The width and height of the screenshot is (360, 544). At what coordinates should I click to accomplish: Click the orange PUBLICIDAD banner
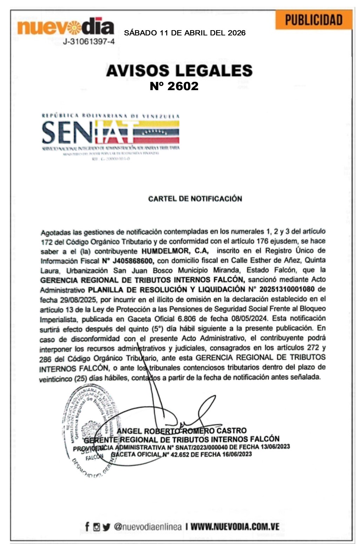click(x=313, y=20)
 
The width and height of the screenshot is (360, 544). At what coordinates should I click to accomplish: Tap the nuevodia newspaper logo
click(x=66, y=27)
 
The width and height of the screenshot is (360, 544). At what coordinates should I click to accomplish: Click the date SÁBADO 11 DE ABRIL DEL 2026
click(x=185, y=33)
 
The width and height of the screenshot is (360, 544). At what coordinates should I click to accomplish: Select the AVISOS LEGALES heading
click(x=179, y=70)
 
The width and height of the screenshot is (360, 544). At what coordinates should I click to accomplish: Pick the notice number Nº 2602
click(x=174, y=86)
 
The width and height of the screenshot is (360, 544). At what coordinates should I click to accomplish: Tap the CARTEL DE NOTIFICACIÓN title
click(x=195, y=199)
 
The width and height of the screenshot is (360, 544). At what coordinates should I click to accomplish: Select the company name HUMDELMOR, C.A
click(x=175, y=251)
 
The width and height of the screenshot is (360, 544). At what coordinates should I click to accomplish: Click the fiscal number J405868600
click(x=132, y=261)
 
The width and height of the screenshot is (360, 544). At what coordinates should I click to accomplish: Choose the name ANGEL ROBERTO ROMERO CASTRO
click(x=181, y=431)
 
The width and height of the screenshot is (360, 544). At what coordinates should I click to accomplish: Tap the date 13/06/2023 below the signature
click(x=275, y=446)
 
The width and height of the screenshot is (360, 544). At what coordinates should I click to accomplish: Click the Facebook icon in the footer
click(x=87, y=526)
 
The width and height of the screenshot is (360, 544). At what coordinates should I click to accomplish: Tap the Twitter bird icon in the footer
click(x=107, y=527)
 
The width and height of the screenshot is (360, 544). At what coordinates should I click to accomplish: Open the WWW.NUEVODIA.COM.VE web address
click(x=235, y=526)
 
